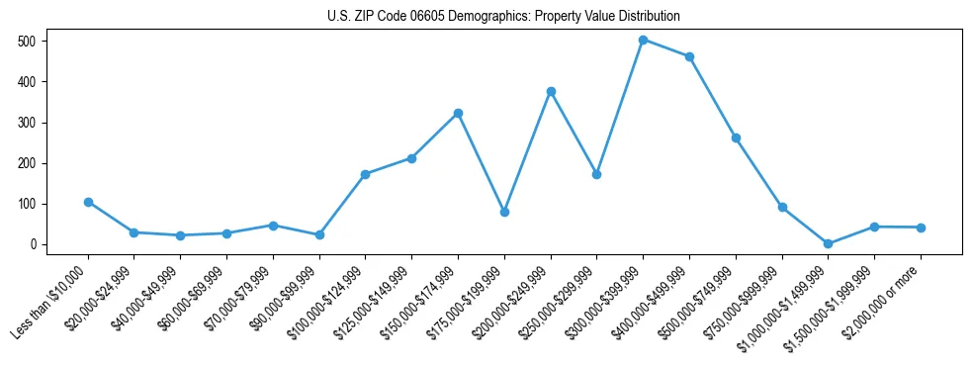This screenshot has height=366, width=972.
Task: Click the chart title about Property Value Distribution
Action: click(503, 16)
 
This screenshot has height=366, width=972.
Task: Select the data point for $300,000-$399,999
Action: click(643, 40)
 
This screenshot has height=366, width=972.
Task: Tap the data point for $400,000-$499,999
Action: click(689, 56)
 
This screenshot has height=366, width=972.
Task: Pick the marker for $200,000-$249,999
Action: click(551, 91)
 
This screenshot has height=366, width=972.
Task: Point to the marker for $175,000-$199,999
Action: click(504, 212)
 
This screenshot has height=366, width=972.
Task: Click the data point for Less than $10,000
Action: click(88, 202)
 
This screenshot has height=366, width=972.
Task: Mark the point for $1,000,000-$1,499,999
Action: click(828, 243)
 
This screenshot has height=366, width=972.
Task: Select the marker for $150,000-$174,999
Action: click(458, 113)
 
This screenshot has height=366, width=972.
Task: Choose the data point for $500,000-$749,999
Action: click(736, 137)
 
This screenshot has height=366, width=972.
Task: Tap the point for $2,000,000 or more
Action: click(921, 228)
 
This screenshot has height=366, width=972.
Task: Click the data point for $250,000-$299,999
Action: click(596, 174)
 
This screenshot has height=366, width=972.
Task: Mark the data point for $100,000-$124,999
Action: click(365, 174)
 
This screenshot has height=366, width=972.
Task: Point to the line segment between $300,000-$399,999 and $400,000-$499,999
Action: click(666, 48)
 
